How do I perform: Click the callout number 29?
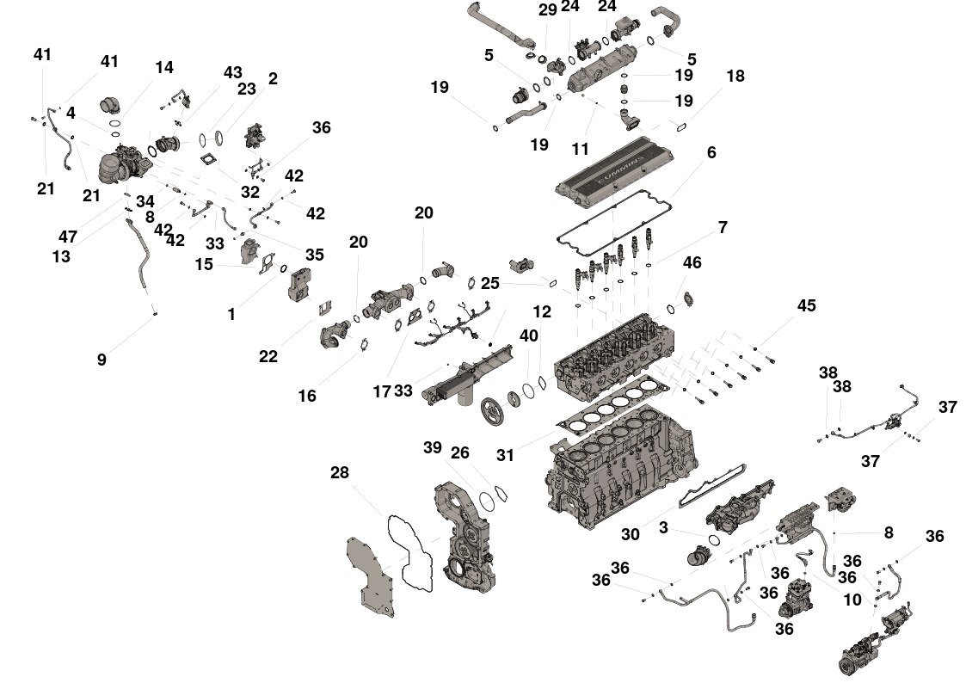(x=548, y=10)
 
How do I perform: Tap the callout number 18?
(x=735, y=76)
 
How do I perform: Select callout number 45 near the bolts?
(x=806, y=306)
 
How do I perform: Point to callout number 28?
(x=340, y=473)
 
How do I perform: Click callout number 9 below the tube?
(x=102, y=360)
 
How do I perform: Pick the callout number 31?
(x=505, y=455)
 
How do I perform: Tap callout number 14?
(x=163, y=67)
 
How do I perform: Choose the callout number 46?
(x=692, y=262)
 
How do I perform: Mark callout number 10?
(x=852, y=600)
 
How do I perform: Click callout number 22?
(x=268, y=355)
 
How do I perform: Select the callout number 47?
(x=68, y=237)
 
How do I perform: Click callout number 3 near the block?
(x=663, y=527)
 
